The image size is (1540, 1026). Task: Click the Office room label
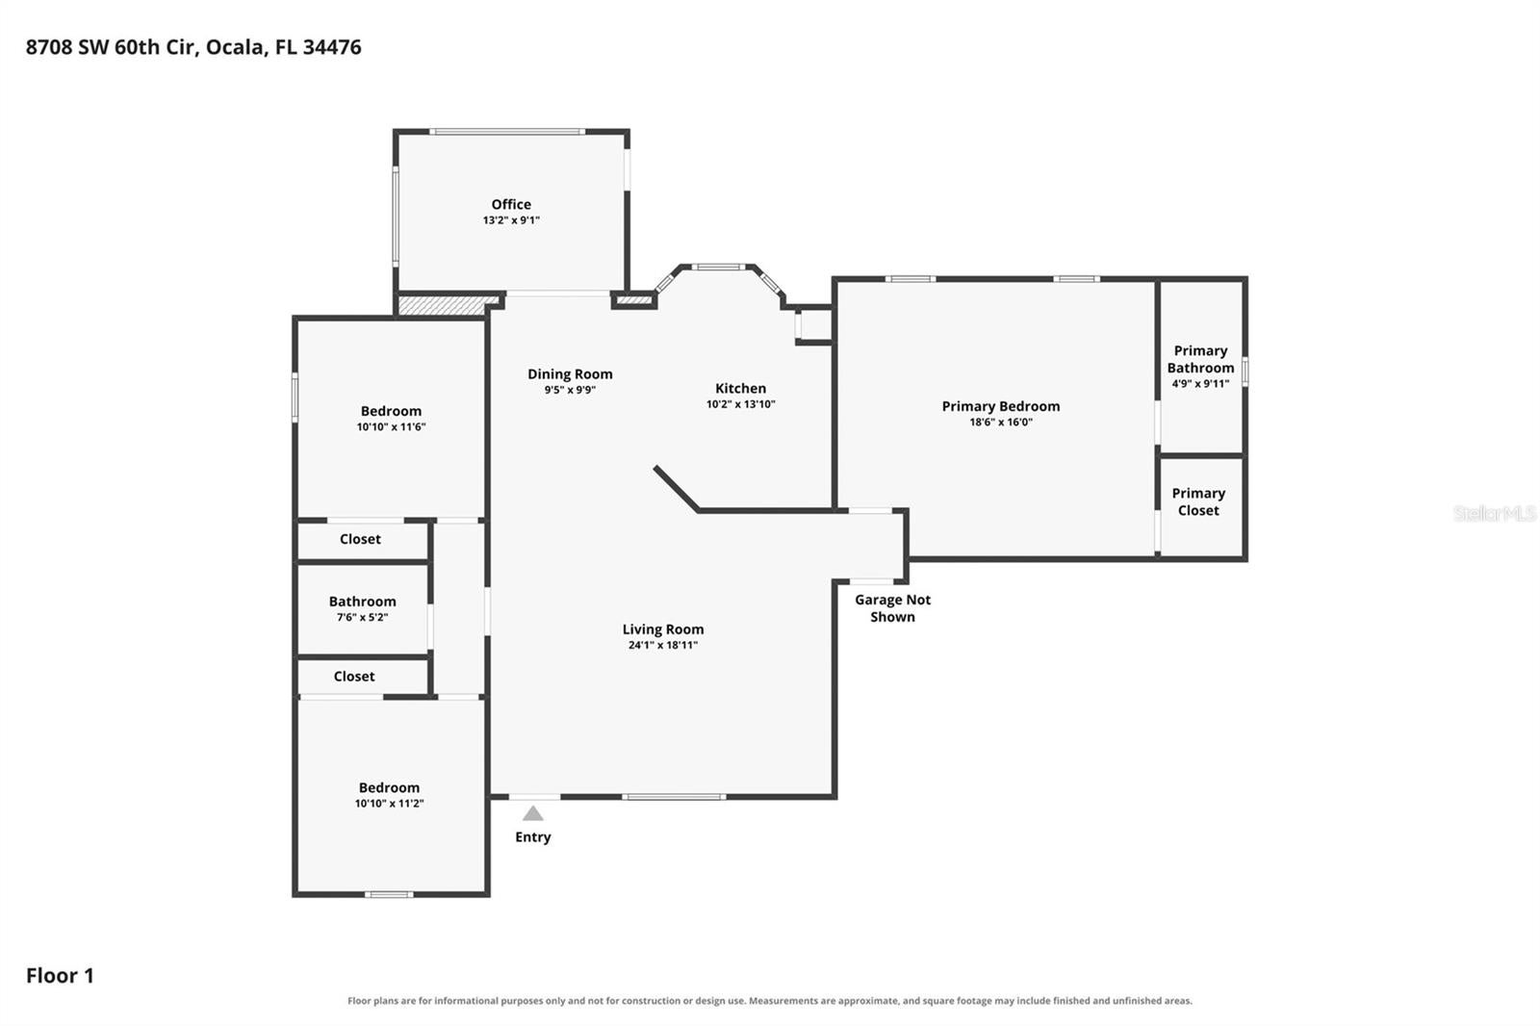[x=511, y=204]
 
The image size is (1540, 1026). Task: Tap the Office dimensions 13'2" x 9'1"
[x=511, y=220]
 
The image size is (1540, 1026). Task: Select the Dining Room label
[x=570, y=374]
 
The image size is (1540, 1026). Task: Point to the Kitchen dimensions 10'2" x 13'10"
[x=740, y=404]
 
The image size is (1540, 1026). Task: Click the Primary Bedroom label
[x=1000, y=406]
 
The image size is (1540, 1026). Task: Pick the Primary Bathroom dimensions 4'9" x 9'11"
[x=1200, y=384]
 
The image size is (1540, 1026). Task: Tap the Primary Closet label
[x=1198, y=502]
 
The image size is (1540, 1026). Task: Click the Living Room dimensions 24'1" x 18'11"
[x=663, y=645]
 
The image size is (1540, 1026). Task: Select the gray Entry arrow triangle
[x=533, y=814]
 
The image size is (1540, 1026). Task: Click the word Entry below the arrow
[x=533, y=837]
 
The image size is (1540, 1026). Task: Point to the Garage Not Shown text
[x=892, y=608]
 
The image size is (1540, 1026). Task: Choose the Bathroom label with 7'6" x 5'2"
[x=362, y=602]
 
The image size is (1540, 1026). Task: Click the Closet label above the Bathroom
[x=360, y=539]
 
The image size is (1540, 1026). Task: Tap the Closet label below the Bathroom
[x=354, y=677]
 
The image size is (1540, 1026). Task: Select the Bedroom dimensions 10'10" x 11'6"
[x=391, y=427]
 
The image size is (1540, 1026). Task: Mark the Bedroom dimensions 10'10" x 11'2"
[x=389, y=804]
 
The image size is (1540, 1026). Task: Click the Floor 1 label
[x=60, y=976]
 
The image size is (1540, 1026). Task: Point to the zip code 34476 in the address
[x=332, y=47]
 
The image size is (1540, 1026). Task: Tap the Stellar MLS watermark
[x=1495, y=513]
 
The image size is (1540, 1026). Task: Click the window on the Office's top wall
[x=507, y=131]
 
